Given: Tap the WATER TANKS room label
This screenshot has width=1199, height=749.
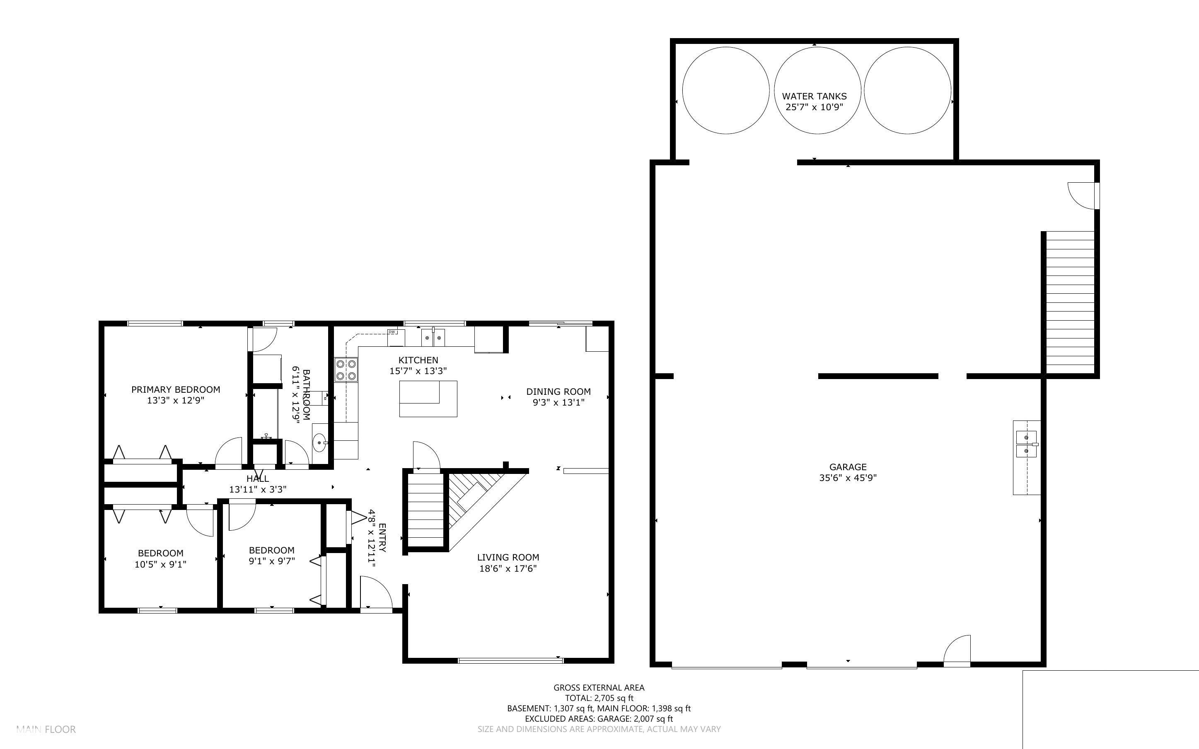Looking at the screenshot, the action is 814,96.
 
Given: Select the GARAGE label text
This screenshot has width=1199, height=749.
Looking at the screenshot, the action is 848,466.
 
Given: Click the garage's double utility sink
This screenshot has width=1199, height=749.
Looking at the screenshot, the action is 1027,445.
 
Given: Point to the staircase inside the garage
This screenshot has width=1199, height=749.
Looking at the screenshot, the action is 1069,302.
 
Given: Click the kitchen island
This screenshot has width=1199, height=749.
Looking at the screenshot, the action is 428,399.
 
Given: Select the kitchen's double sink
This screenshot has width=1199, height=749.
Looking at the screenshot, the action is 433,337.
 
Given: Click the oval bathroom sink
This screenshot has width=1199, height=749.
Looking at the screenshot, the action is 320,440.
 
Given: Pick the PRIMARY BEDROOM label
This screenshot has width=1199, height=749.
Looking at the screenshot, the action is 176,389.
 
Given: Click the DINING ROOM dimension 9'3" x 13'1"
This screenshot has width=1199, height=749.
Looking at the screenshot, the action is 558,402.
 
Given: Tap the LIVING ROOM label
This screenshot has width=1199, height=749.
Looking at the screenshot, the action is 508,557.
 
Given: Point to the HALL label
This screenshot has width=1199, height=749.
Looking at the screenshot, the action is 258,478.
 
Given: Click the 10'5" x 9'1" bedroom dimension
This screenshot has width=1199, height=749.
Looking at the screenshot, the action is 160,564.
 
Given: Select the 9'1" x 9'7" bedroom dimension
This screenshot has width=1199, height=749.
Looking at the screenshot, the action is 272,561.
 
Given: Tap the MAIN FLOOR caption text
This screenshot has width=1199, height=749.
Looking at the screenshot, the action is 46,729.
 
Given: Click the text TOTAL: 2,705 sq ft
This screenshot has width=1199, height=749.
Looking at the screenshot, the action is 599,698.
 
